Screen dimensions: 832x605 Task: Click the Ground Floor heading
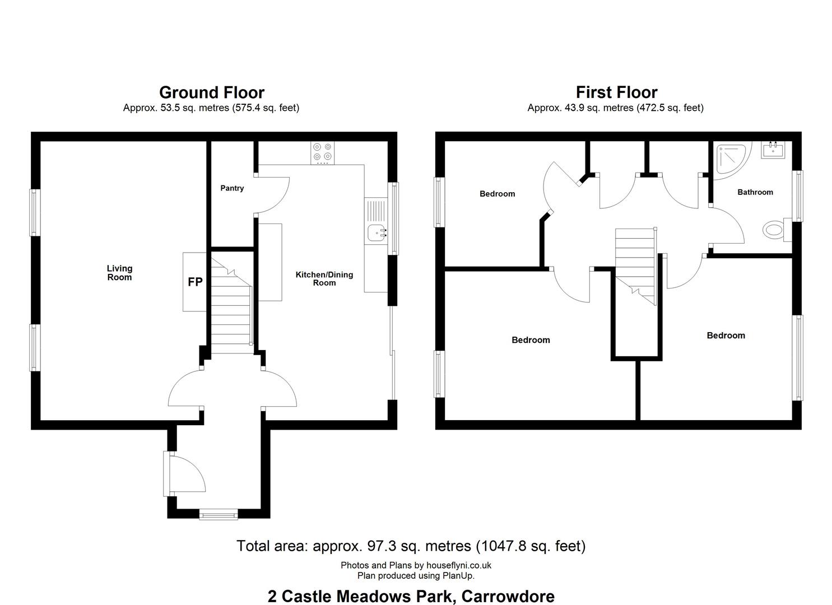[212, 92]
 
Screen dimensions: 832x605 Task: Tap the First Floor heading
[616, 92]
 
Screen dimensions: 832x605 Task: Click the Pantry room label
[232, 188]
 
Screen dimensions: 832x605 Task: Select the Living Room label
[119, 273]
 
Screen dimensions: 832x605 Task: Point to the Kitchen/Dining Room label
[324, 278]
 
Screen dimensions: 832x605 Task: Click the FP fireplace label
[195, 282]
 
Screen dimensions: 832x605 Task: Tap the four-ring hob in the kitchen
[322, 153]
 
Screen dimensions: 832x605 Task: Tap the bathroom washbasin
[773, 150]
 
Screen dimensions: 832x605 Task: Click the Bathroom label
[755, 192]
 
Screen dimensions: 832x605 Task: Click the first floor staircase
[636, 267]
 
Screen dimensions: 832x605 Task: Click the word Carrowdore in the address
[508, 597]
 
